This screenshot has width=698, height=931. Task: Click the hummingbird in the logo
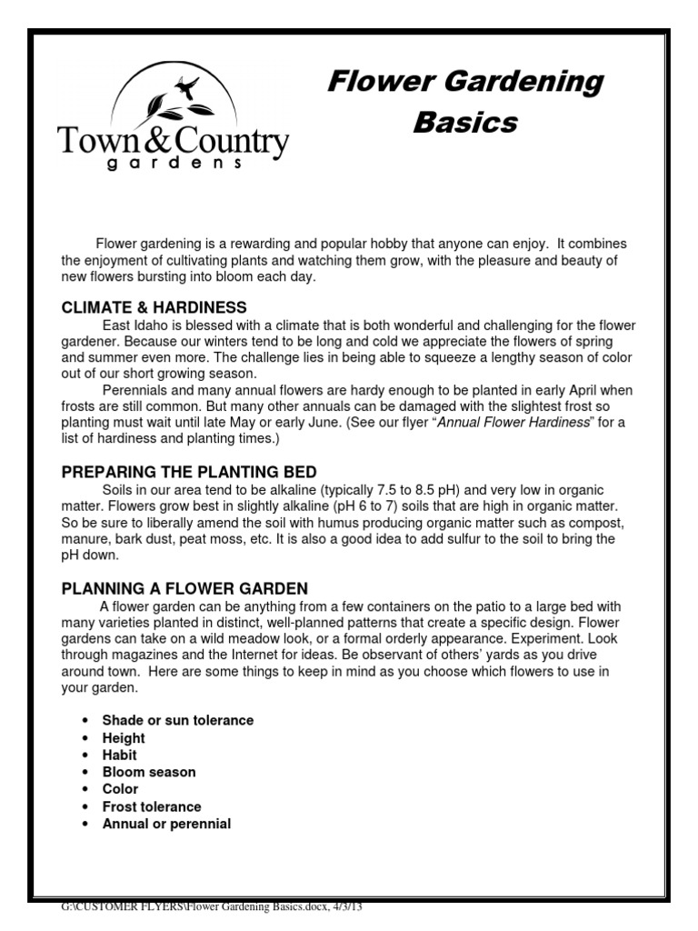coord(188,86)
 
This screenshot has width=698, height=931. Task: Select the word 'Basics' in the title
coord(464,122)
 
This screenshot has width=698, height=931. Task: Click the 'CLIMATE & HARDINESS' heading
coord(154,307)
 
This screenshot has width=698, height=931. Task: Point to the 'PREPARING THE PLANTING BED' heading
coord(189,472)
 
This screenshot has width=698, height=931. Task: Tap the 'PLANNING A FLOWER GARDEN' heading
coord(184,588)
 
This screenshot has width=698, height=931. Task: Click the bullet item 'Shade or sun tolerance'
coord(177,720)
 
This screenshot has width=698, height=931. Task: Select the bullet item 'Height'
coord(124,737)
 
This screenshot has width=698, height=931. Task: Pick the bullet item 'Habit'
coord(119,755)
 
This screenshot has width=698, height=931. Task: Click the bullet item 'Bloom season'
coord(148,772)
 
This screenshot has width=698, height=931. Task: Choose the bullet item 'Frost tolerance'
coord(152,806)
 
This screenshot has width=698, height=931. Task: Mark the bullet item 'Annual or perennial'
coord(166,824)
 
